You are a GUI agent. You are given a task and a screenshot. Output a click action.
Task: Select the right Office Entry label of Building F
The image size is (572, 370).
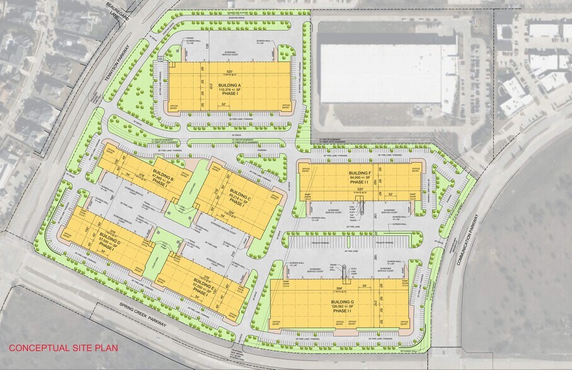(x=416, y=169)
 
